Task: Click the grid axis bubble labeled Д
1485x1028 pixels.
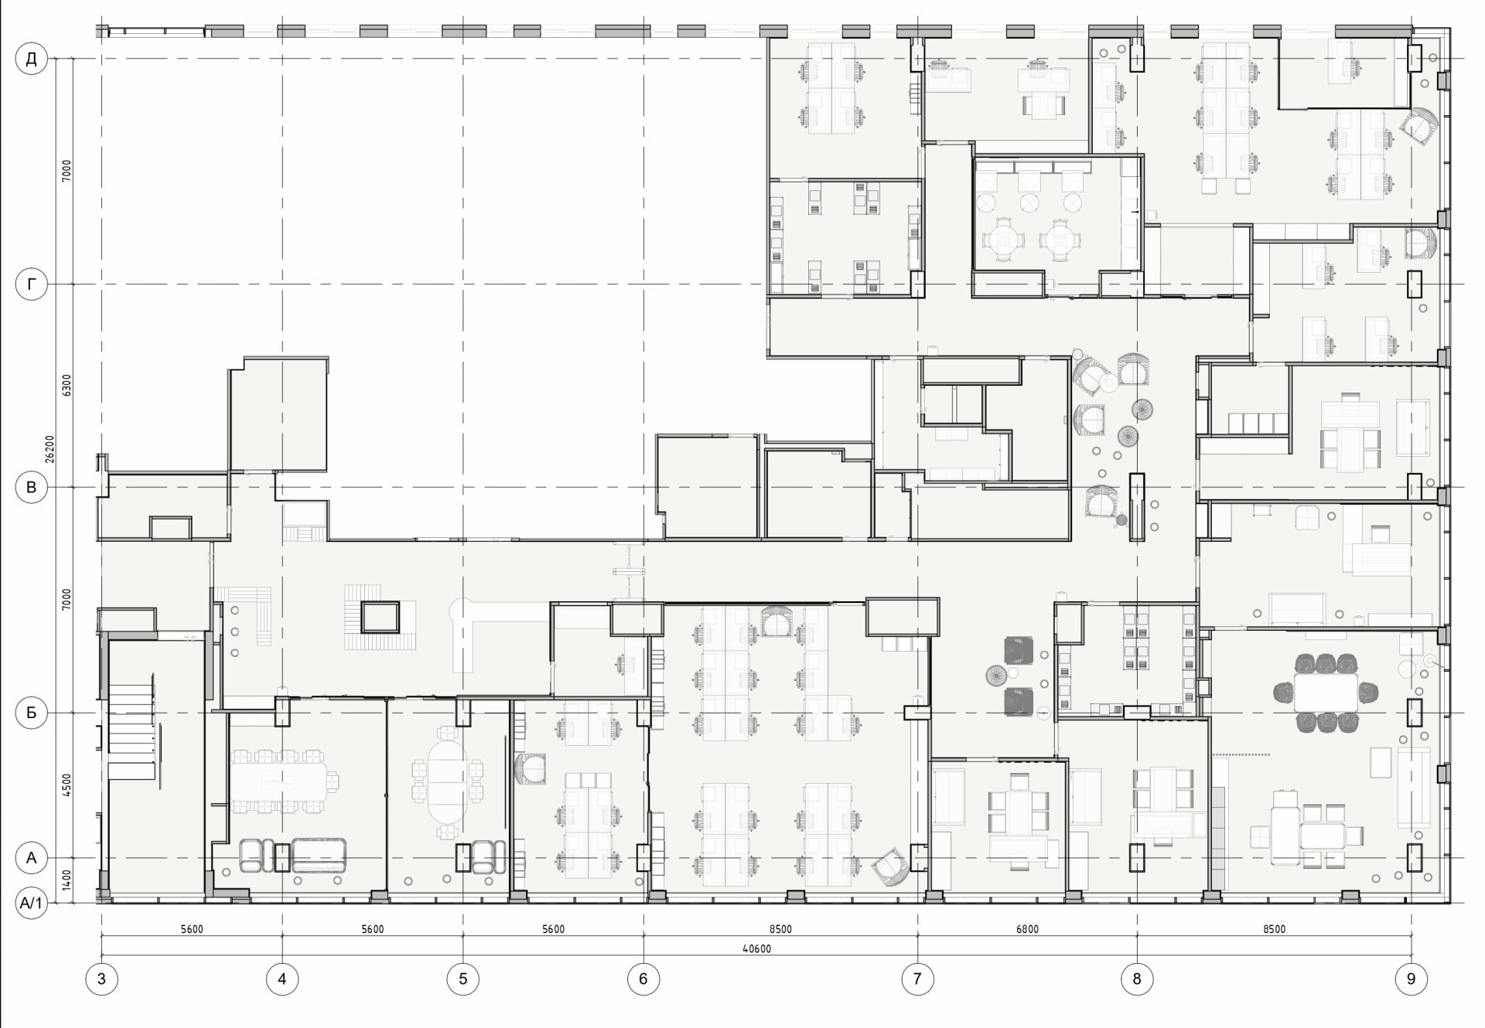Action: tap(32, 59)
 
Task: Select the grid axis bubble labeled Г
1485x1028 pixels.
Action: tap(32, 284)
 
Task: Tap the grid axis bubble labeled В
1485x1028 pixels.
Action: tap(32, 487)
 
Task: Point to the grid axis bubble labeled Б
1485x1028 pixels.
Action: tap(32, 713)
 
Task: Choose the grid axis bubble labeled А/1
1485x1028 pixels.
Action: tap(32, 902)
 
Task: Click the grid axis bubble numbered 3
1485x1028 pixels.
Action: tap(101, 979)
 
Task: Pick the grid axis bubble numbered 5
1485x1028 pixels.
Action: tap(463, 979)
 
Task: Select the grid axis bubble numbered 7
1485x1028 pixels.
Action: tap(917, 979)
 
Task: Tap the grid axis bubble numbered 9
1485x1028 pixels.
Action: tap(1411, 979)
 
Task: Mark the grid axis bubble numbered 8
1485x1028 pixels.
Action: tap(1136, 979)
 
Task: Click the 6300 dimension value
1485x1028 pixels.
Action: tap(67, 385)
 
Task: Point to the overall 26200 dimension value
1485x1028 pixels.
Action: tap(49, 448)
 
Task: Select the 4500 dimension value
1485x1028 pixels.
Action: tap(67, 785)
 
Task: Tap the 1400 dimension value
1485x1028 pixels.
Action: tap(67, 880)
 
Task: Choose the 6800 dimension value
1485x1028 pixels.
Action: tap(1027, 929)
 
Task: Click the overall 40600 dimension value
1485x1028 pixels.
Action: tap(756, 948)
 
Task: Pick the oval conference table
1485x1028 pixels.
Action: tap(447, 779)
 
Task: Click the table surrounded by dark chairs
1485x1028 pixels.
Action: tap(1326, 693)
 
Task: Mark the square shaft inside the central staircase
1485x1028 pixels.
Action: tap(380, 617)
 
